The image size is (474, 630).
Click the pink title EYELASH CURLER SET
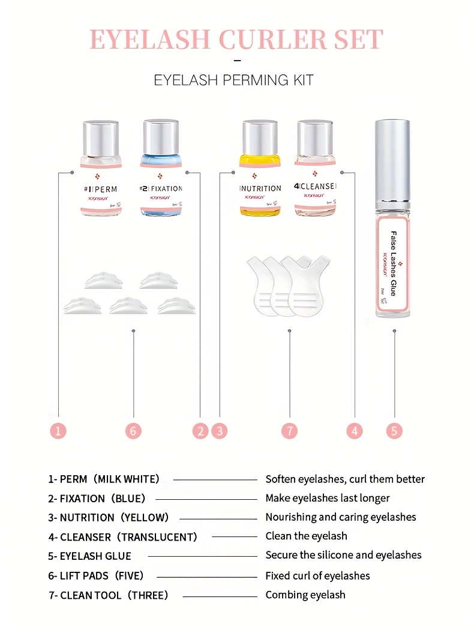pyautogui.click(x=236, y=39)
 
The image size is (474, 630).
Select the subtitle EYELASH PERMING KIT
pyautogui.click(x=234, y=80)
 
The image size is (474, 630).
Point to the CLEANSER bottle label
pyautogui.click(x=316, y=188)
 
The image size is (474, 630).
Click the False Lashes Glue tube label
pyautogui.click(x=394, y=263)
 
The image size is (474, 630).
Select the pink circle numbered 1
pyautogui.click(x=58, y=430)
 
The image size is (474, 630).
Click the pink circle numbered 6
pyautogui.click(x=133, y=430)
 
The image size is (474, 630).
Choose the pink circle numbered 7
pyautogui.click(x=290, y=430)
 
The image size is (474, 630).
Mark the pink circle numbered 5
pyautogui.click(x=394, y=430)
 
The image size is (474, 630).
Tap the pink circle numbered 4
pyautogui.click(x=355, y=430)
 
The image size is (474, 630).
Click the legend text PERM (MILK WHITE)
pyautogui.click(x=104, y=479)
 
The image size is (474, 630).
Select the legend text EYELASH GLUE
pyautogui.click(x=90, y=556)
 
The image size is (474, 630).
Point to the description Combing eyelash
pyautogui.click(x=305, y=595)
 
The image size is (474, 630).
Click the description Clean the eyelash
pyautogui.click(x=306, y=536)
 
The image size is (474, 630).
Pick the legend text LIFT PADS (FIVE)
pyautogui.click(x=96, y=575)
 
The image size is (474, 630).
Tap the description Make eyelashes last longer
pyautogui.click(x=328, y=498)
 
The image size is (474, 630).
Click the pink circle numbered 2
pyautogui.click(x=200, y=430)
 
